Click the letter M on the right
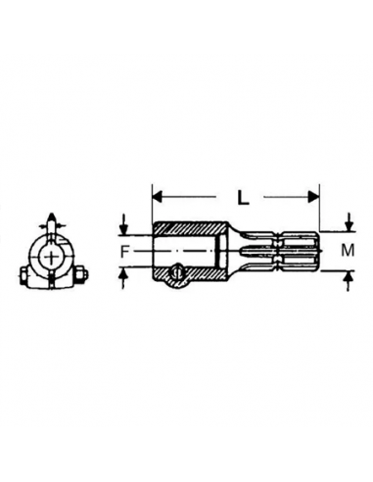click(347, 250)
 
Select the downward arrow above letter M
click(350, 221)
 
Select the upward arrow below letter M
click(350, 280)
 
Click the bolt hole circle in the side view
click(176, 275)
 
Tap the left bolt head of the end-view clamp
click(23, 275)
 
